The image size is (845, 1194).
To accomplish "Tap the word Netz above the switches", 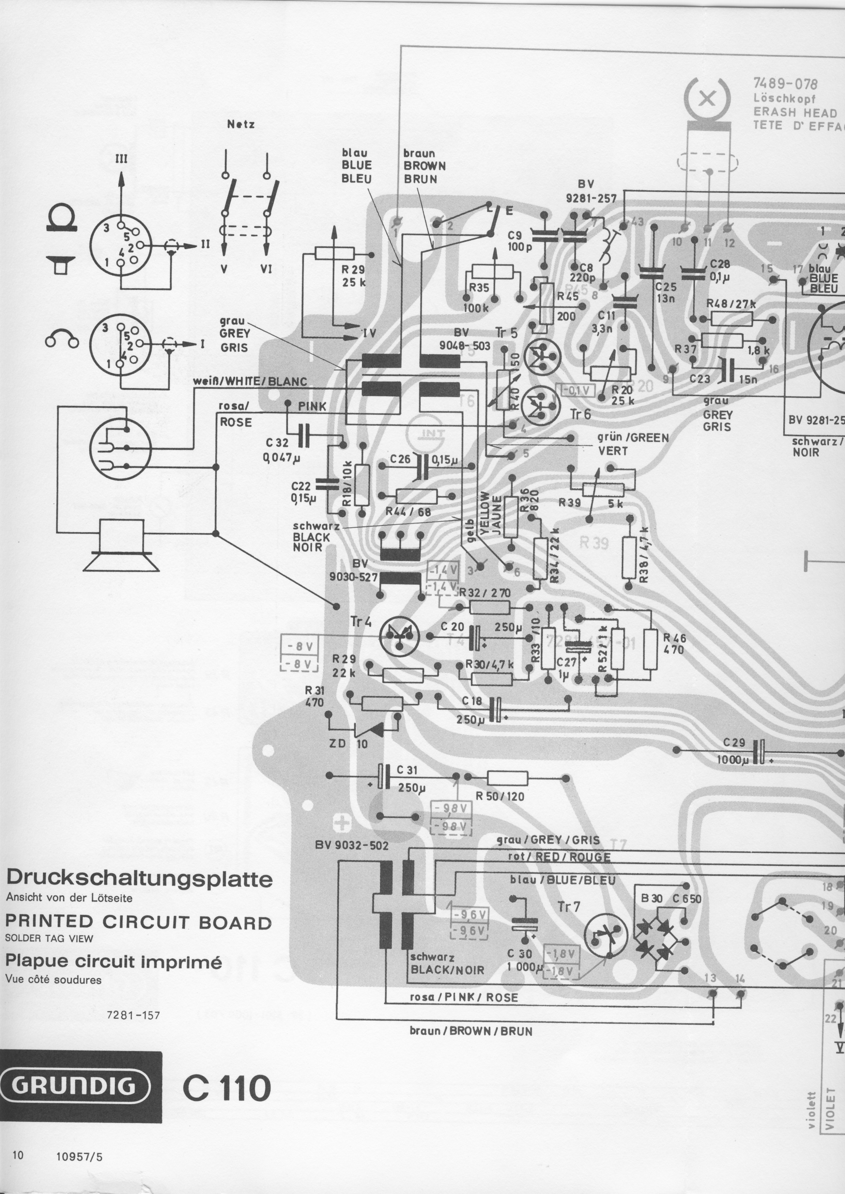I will coord(241,125).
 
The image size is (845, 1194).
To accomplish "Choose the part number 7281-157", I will coord(133,1015).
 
